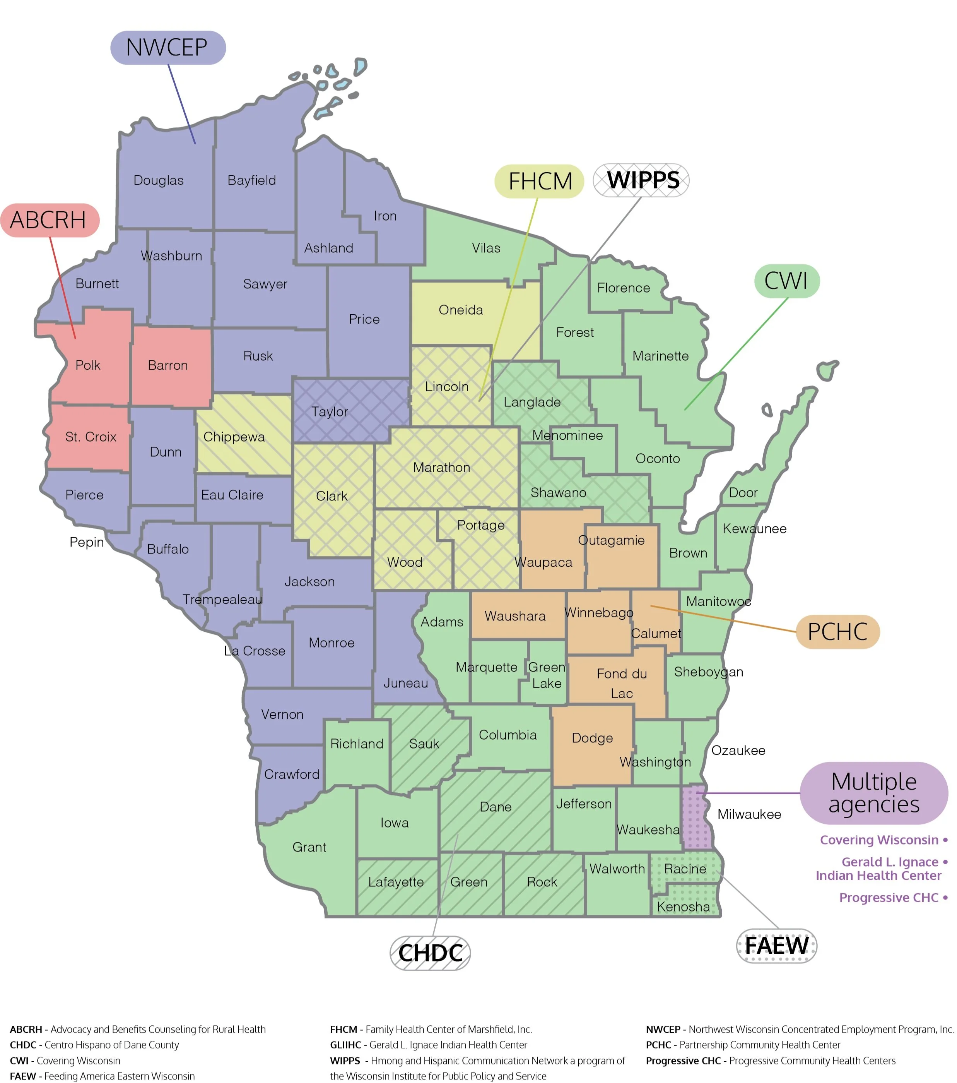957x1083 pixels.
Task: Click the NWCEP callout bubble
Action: [x=168, y=48]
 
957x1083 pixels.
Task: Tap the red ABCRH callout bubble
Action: [x=49, y=220]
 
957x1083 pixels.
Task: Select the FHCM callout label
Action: [x=539, y=181]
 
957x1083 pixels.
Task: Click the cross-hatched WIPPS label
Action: [x=641, y=180]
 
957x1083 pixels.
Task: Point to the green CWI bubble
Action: [x=786, y=281]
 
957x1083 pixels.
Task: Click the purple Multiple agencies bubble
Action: [x=874, y=793]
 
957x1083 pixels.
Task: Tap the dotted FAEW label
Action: [x=776, y=946]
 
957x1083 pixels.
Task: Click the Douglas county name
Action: [x=158, y=181]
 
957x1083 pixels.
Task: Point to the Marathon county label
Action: [x=441, y=467]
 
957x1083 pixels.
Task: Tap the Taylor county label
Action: [x=330, y=412]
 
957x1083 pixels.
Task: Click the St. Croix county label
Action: [x=91, y=437]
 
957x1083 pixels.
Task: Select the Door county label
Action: [x=743, y=493]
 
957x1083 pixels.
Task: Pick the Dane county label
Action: [x=495, y=807]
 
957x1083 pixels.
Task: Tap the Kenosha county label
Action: [x=683, y=907]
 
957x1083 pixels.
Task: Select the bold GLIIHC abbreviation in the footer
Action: [x=346, y=1045]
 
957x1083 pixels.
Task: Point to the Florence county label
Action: [x=623, y=288]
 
